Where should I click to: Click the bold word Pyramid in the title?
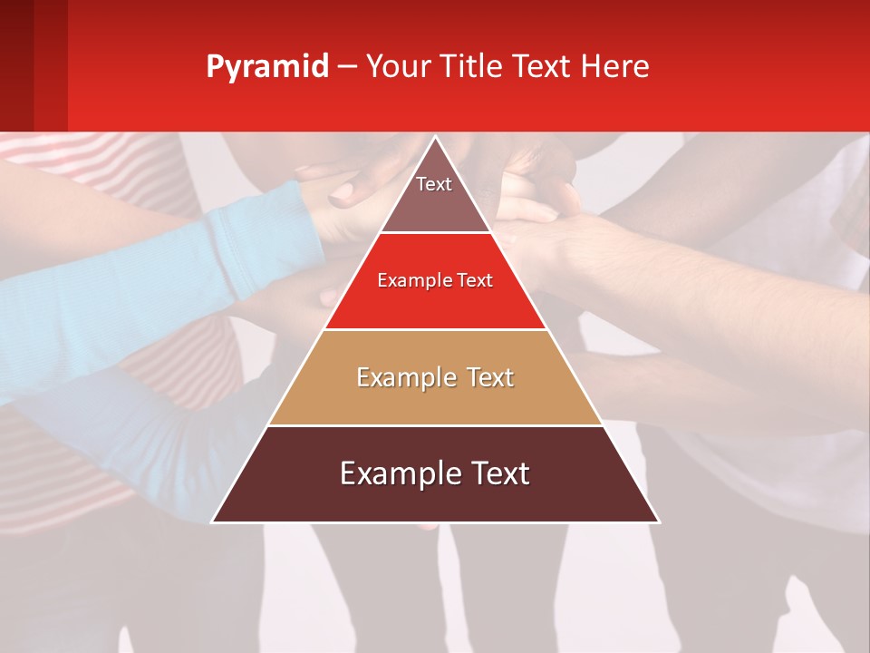[x=266, y=67]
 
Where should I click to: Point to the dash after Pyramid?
[x=346, y=67]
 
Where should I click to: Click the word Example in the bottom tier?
[x=396, y=473]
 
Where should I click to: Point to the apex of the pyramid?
[x=435, y=138]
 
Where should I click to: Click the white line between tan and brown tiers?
[x=435, y=425]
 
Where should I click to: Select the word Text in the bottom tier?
[x=494, y=473]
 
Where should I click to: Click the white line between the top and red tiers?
[x=435, y=232]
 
